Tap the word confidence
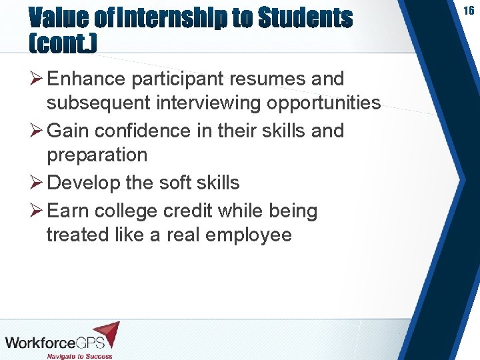pos(137,131)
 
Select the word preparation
pos(97,155)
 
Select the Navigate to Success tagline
pos(80,356)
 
